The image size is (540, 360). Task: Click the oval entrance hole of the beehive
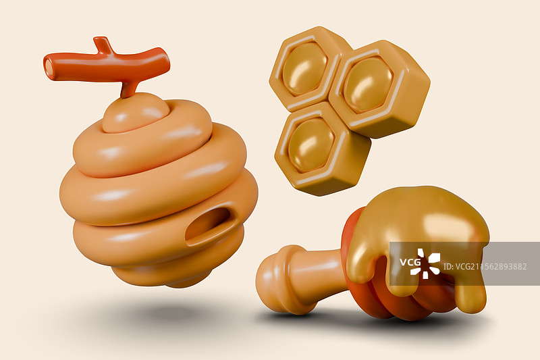tap(209, 225)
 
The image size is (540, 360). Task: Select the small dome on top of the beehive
tap(136, 112)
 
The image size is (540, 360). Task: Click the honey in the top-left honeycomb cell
tap(305, 68)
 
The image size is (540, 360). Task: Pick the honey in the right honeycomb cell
tap(368, 84)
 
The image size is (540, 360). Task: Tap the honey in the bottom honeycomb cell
tap(311, 145)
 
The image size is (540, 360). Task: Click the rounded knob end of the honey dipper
tap(273, 280)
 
